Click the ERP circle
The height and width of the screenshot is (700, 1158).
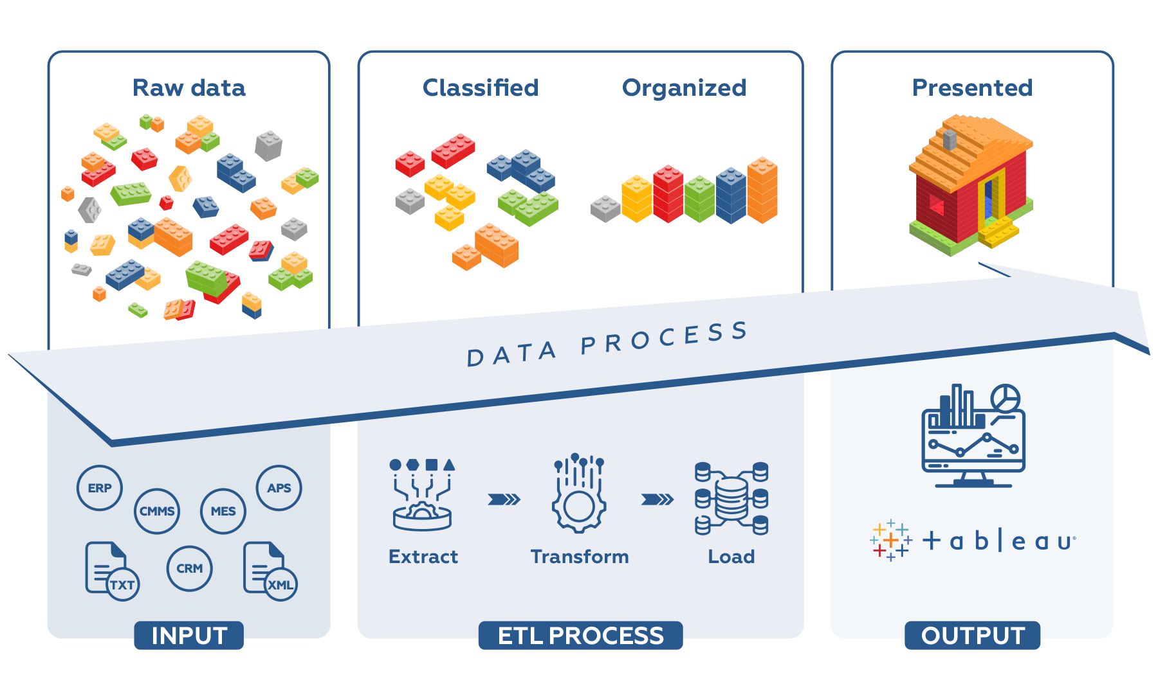click(100, 488)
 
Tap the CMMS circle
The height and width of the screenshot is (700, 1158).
click(157, 511)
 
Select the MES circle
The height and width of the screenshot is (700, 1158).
click(223, 511)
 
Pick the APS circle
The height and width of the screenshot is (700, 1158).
click(279, 488)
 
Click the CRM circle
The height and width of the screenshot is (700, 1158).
click(190, 568)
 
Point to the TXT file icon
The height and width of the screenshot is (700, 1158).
click(112, 571)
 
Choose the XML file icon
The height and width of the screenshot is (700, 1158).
click(270, 571)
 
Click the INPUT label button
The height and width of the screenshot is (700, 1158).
click(189, 635)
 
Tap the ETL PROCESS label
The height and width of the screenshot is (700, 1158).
click(580, 635)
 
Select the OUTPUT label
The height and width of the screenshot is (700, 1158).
click(973, 635)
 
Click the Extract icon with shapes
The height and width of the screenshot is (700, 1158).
click(423, 494)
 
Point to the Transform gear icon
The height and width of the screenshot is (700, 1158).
click(579, 493)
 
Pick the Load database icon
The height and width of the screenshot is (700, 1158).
click(731, 498)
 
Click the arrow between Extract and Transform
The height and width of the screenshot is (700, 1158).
click(504, 499)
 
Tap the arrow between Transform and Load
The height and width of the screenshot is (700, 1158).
click(657, 499)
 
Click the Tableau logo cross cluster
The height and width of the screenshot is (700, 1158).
click(891, 541)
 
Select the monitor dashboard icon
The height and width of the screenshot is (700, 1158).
click(973, 436)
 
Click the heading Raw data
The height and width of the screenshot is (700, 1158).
click(189, 87)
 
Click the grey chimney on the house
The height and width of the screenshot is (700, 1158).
click(950, 139)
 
